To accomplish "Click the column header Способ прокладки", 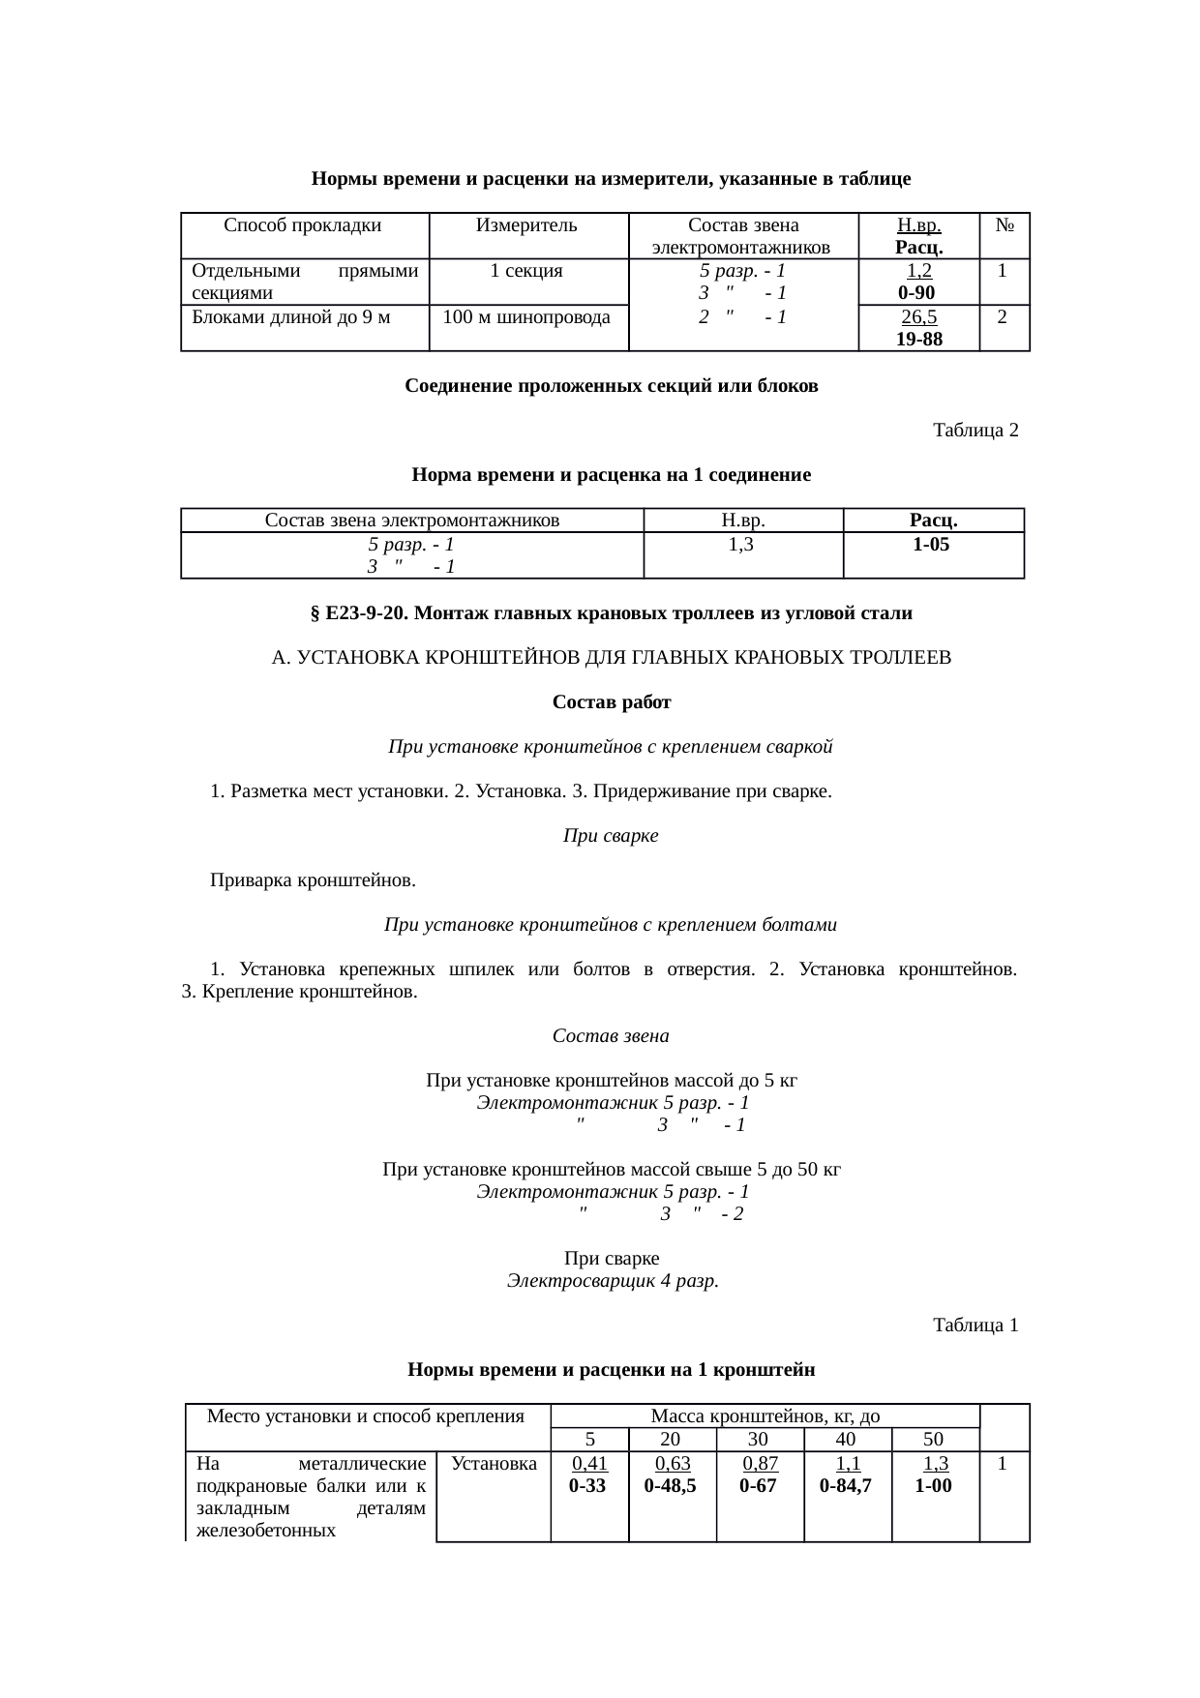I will click(x=303, y=226).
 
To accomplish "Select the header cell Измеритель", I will click(x=527, y=226).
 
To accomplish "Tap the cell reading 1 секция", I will click(x=527, y=272).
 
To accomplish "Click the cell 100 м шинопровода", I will click(x=527, y=317).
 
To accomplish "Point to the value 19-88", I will click(x=918, y=339).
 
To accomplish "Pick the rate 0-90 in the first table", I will click(x=915, y=293).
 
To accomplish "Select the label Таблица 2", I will click(x=975, y=431).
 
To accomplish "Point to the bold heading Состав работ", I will click(x=611, y=702).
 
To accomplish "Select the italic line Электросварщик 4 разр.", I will click(x=612, y=1281).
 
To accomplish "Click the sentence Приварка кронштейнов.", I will click(x=314, y=881).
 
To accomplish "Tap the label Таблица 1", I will click(x=975, y=1326).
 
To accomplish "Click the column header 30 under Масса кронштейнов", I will click(x=759, y=1440).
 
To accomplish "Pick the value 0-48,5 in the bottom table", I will click(x=671, y=1486).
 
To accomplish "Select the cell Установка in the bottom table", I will click(x=495, y=1464).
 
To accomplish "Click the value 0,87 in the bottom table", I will click(x=760, y=1464).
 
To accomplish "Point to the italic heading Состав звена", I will click(x=611, y=1036).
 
